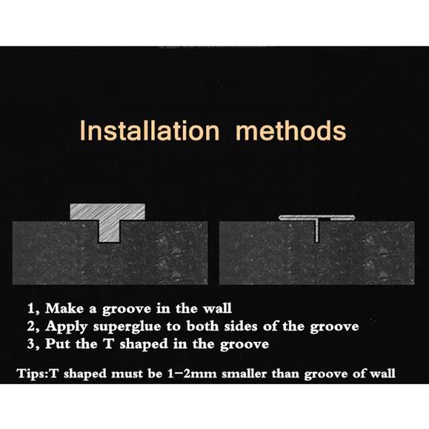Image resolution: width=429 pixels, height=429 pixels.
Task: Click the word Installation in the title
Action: [149, 131]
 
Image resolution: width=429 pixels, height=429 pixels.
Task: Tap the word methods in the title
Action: [291, 131]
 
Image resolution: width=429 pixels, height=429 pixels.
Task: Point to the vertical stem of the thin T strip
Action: [317, 230]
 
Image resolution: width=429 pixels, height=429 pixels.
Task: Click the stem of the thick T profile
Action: [109, 230]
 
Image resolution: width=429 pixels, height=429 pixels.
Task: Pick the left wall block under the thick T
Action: [110, 253]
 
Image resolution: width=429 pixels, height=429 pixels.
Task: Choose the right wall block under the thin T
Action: [317, 253]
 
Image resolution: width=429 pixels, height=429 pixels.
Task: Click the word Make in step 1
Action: [64, 308]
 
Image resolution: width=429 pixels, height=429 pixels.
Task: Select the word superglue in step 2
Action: [127, 327]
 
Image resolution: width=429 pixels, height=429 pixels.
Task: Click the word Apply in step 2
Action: [66, 327]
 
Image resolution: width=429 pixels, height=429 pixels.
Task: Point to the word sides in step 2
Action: [241, 326]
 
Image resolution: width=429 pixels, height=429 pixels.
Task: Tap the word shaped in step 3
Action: [144, 344]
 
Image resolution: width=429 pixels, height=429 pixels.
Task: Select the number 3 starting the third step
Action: [31, 344]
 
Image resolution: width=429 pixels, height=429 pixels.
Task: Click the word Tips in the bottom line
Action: [31, 374]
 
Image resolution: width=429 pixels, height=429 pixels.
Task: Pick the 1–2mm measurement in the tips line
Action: [192, 374]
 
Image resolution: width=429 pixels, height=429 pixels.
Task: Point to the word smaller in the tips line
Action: [244, 374]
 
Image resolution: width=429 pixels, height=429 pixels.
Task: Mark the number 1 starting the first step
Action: [31, 309]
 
